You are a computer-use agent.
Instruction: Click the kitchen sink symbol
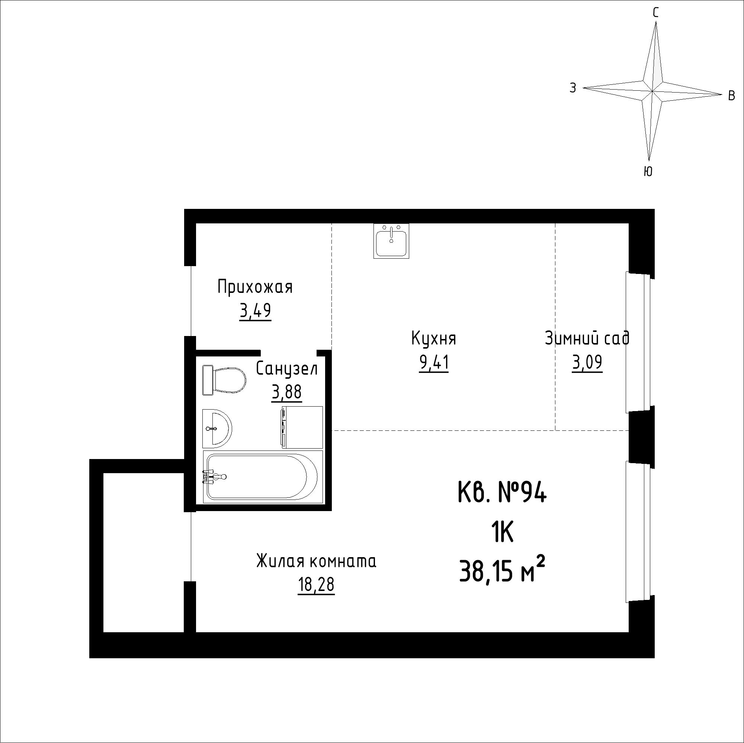point(391,240)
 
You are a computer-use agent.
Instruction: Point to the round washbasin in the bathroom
point(217,428)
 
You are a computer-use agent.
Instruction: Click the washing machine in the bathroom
point(302,427)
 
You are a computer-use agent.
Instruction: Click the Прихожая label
point(255,287)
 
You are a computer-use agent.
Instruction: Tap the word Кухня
point(434,339)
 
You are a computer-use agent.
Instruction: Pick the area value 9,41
point(434,363)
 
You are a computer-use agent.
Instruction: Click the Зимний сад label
point(587,338)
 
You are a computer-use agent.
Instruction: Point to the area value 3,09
point(587,363)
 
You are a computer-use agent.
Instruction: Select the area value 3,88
point(286,393)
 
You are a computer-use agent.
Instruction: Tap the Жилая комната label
point(316,561)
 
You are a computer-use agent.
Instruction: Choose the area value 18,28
point(316,585)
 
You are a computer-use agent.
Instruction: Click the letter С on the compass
point(655,13)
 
